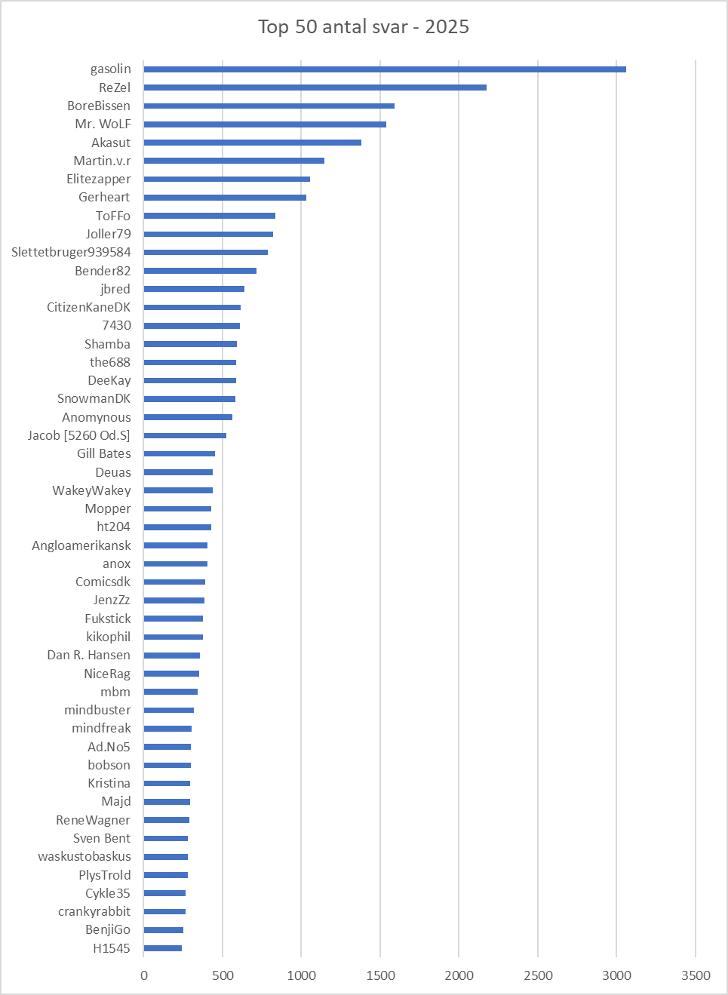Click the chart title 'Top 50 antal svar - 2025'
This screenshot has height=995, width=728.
[x=364, y=27]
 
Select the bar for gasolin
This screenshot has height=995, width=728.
[x=385, y=69]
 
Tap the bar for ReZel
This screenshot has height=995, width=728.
[x=315, y=88]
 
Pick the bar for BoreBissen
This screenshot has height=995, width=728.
[x=269, y=106]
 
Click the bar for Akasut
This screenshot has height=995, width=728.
[x=253, y=143]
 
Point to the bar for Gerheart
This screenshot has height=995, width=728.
[x=225, y=198]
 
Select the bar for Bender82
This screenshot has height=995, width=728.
[x=200, y=271]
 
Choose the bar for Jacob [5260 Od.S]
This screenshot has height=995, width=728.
[x=185, y=435]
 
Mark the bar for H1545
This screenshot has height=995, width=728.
[x=163, y=948]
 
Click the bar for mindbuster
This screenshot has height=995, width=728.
[x=169, y=710]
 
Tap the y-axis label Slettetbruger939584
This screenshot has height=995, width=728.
[x=71, y=252]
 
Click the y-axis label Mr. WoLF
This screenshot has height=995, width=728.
[x=103, y=124]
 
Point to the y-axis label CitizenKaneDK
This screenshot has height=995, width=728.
[x=88, y=307]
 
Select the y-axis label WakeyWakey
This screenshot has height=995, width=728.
[x=91, y=490]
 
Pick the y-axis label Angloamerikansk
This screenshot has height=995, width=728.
[x=81, y=545]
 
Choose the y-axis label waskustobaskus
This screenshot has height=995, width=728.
[x=84, y=856]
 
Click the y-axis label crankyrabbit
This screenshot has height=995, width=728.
[x=94, y=911]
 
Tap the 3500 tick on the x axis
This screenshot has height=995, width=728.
[x=696, y=975]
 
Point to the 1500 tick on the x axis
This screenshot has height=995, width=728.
[x=380, y=975]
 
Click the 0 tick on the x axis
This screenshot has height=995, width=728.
[x=144, y=975]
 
